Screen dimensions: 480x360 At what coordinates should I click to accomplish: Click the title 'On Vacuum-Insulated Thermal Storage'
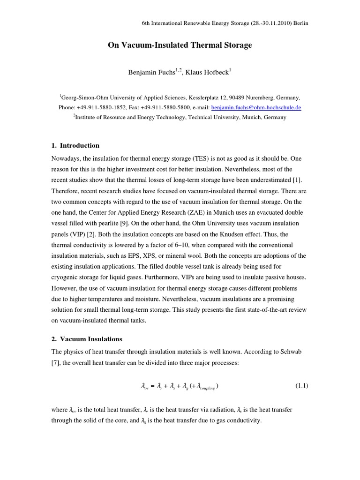[x=180, y=45]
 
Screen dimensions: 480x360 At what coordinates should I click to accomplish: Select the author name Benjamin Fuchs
[x=148, y=73]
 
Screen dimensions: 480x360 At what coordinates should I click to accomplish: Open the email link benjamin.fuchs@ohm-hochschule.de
[x=256, y=107]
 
